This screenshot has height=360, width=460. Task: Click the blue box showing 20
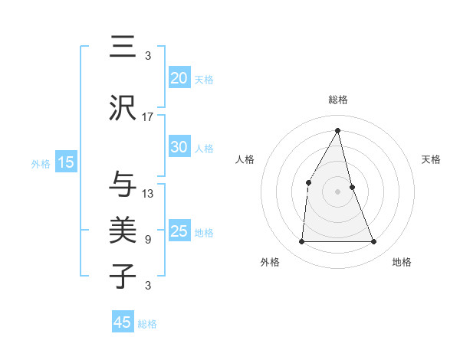point(179,78)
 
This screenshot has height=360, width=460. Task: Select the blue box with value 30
point(179,147)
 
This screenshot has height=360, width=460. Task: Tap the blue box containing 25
point(179,231)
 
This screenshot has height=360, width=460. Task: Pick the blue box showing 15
point(65,162)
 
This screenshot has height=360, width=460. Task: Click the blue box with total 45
point(123,322)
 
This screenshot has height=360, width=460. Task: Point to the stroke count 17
point(148,117)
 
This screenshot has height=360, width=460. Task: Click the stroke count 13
point(148,194)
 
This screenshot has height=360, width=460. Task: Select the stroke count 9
point(148,240)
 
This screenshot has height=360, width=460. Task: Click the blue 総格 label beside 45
point(147,324)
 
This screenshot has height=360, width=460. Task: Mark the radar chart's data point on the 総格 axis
point(337,130)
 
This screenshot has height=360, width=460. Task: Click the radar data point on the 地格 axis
point(373,242)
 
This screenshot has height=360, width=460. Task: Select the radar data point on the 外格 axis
point(301,242)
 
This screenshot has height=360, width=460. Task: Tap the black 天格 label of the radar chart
point(431,159)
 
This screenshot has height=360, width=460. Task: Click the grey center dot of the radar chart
point(337,191)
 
